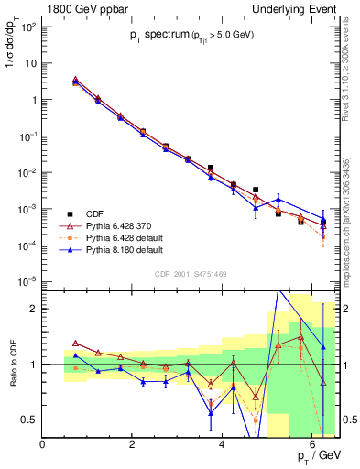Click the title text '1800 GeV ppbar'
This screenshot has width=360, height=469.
pos(82,8)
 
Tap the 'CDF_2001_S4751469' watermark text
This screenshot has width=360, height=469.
pos(191,272)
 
